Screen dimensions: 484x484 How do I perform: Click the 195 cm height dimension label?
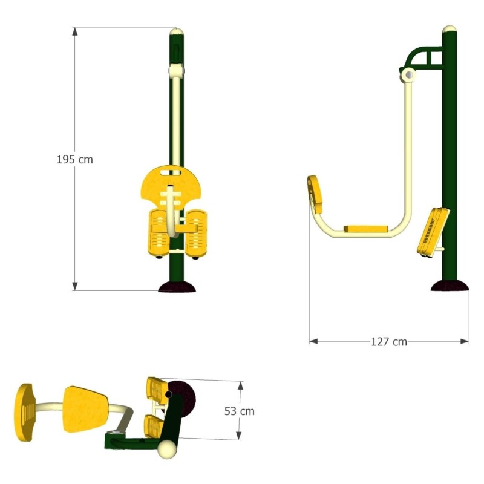[x=74, y=159]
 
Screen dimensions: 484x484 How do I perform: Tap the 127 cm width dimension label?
[x=389, y=342]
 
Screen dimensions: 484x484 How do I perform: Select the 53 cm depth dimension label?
[x=239, y=411]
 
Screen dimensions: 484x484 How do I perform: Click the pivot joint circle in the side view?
[x=408, y=75]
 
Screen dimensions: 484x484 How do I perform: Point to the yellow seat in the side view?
[x=366, y=229]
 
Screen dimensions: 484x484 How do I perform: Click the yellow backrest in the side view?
[x=315, y=194]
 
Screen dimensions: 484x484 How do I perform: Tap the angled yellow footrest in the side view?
[x=433, y=232]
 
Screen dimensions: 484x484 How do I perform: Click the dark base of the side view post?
[x=450, y=286]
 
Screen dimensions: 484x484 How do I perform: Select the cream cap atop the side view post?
[x=450, y=29]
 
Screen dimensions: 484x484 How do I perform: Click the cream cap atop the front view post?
[x=177, y=31]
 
